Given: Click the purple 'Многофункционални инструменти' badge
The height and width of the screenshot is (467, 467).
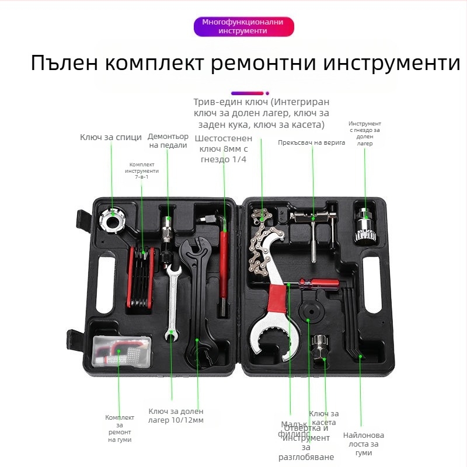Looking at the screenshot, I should [x=243, y=26].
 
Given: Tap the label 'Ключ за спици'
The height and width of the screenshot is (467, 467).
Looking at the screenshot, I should [x=111, y=137].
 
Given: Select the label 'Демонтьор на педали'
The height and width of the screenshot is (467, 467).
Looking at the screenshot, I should [x=168, y=141].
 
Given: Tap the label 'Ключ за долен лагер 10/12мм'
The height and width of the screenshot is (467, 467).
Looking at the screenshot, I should [x=176, y=416].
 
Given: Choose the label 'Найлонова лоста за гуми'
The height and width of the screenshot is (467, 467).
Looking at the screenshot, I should [x=363, y=444].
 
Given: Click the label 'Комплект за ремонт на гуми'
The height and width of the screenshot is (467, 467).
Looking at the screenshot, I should [x=120, y=428].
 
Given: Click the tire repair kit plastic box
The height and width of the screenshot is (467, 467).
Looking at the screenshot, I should [x=121, y=352].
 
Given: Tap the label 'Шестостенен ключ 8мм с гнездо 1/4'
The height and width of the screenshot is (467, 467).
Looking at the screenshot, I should [x=223, y=148].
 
